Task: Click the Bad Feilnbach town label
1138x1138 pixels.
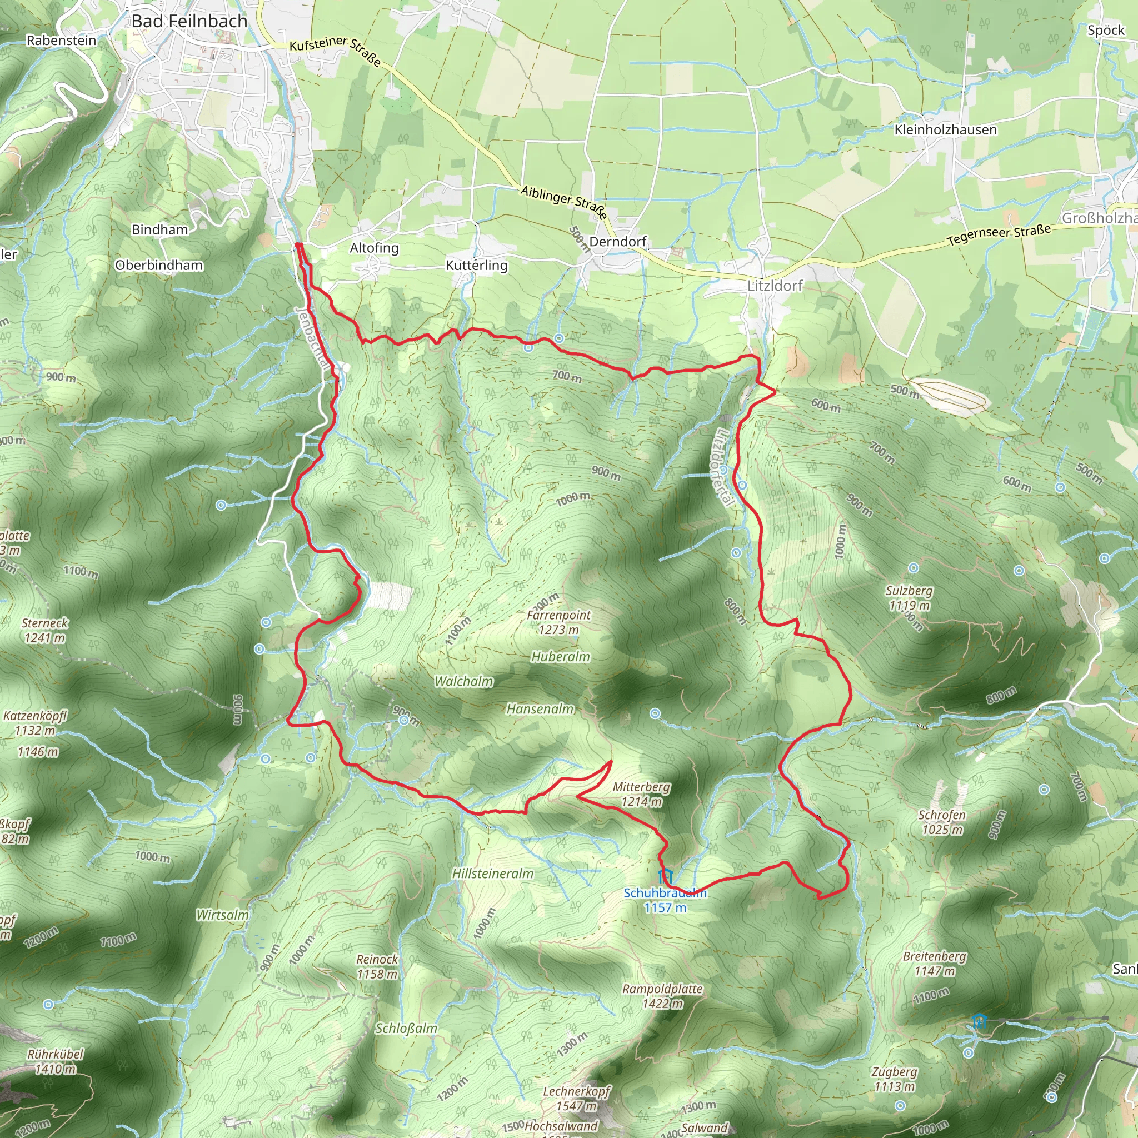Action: [x=189, y=22]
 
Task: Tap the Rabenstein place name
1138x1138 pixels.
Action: [x=61, y=41]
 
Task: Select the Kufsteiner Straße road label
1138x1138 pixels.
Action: [x=335, y=50]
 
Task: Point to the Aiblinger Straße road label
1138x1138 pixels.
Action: [x=563, y=202]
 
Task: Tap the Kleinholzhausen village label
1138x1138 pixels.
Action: [x=945, y=130]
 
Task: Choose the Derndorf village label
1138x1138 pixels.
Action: [x=617, y=242]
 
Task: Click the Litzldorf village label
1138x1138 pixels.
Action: [x=775, y=286]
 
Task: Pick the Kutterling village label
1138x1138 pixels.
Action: [x=476, y=266]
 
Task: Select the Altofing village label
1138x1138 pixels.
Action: [x=374, y=248]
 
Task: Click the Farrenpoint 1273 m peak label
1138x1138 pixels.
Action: [x=558, y=622]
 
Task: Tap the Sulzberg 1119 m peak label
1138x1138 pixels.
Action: [x=909, y=598]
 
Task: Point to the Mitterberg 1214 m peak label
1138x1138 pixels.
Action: [x=641, y=794]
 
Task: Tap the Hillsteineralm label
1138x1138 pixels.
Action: [x=492, y=874]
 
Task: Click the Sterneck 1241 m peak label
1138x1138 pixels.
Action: [x=45, y=630]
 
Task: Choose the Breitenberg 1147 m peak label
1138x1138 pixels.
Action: [x=934, y=963]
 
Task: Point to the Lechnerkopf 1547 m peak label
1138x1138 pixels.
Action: [x=577, y=1099]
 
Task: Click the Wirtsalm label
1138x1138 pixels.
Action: [x=222, y=915]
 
